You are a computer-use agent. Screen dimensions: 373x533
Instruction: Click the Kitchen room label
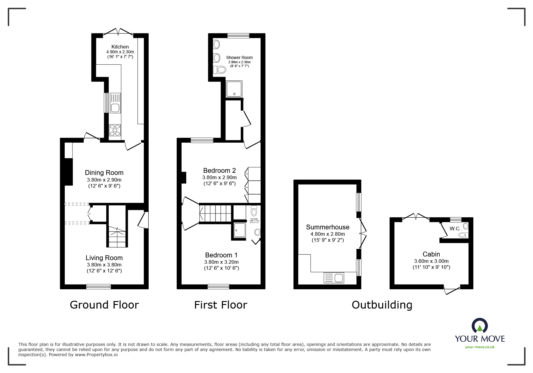[120, 47]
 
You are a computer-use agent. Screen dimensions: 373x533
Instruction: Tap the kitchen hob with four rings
[115, 130]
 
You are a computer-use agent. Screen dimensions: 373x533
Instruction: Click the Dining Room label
[104, 173]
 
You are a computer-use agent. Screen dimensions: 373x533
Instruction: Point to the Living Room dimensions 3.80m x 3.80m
[104, 265]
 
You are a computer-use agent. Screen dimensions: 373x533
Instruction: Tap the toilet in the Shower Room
[220, 70]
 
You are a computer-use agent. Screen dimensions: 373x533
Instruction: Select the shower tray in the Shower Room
[234, 89]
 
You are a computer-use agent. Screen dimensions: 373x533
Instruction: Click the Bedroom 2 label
[219, 170]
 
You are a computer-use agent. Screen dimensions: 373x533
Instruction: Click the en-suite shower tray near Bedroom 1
[240, 230]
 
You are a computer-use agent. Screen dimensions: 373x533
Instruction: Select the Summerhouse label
[327, 227]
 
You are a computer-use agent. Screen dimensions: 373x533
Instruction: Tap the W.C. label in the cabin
[455, 228]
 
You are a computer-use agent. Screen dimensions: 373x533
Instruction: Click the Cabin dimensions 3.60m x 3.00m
[431, 261]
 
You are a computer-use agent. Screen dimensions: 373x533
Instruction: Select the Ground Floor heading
[104, 305]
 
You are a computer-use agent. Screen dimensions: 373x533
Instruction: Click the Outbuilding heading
[382, 305]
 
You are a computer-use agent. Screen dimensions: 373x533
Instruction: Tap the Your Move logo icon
[479, 326]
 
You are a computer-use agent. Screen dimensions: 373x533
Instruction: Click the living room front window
[98, 287]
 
